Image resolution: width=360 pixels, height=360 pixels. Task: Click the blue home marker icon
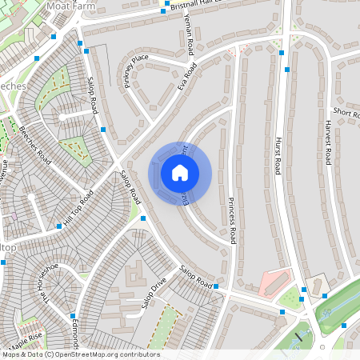click(x=180, y=172)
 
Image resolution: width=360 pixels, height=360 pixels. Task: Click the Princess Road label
click(x=233, y=219)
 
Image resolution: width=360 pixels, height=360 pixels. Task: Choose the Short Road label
click(x=346, y=113)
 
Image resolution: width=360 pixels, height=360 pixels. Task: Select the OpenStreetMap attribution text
click(x=80, y=354)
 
